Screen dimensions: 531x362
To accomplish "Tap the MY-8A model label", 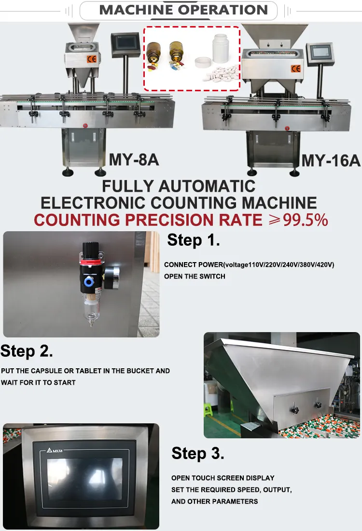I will pyautogui.click(x=134, y=159).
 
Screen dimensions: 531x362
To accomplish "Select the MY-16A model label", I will pyautogui.click(x=331, y=161).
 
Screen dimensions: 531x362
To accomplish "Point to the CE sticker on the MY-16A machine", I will pyautogui.click(x=295, y=69).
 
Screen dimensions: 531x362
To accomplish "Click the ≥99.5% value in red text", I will pyautogui.click(x=298, y=220).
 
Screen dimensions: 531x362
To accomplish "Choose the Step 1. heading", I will pyautogui.click(x=194, y=240).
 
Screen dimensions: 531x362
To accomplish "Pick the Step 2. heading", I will pyautogui.click(x=27, y=351).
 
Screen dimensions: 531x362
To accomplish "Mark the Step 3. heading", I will pyautogui.click(x=198, y=453).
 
